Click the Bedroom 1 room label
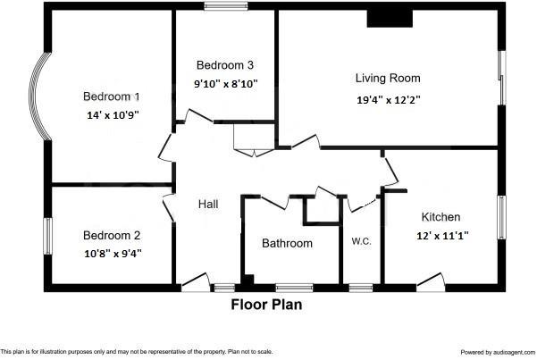[x=112, y=96]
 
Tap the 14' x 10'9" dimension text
[x=112, y=114]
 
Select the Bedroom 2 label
[x=112, y=236]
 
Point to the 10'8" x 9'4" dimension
[x=112, y=253]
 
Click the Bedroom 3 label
[x=225, y=65]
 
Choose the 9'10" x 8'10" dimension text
[x=226, y=83]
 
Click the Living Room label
[x=388, y=79]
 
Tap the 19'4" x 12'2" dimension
[x=388, y=100]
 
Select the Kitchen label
[x=441, y=217]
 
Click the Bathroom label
[x=287, y=243]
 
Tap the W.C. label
[x=361, y=241]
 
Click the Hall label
[x=208, y=205]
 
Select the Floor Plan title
[x=266, y=305]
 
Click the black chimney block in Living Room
[x=387, y=19]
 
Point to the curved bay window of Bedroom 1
[x=39, y=96]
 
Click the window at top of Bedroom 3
[x=225, y=10]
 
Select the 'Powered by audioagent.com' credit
[x=495, y=353]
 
